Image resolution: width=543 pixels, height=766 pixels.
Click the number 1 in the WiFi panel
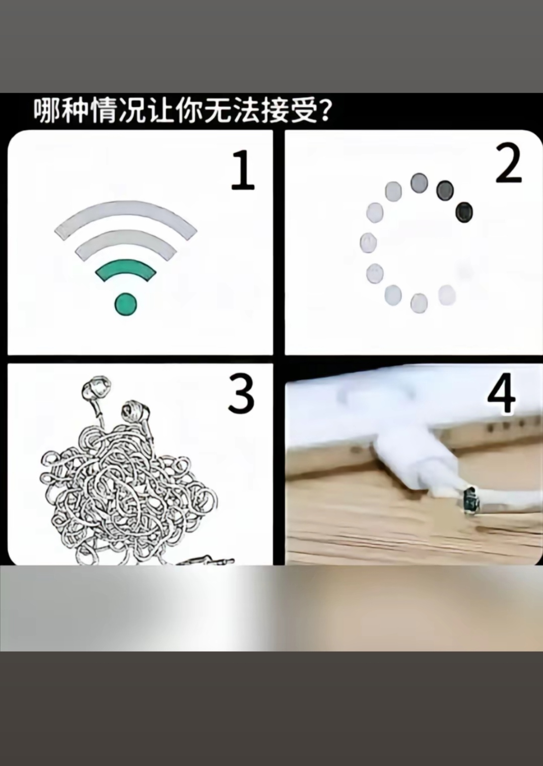[x=243, y=170]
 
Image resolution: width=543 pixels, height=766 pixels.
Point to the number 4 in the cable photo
[x=501, y=393]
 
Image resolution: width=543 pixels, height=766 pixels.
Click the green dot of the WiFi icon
[x=126, y=304]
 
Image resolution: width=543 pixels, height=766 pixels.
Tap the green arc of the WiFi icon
[x=126, y=270]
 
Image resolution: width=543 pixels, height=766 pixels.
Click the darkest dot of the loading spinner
[x=464, y=212]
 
